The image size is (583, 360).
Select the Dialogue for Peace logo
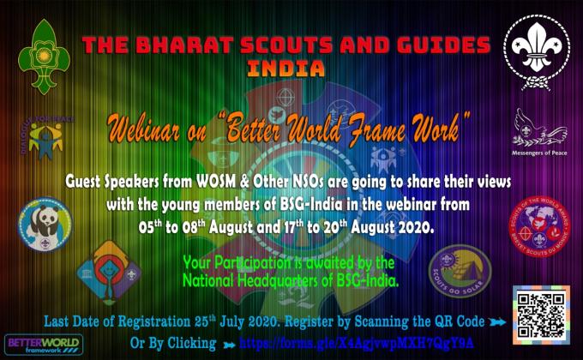[x=41, y=137]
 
